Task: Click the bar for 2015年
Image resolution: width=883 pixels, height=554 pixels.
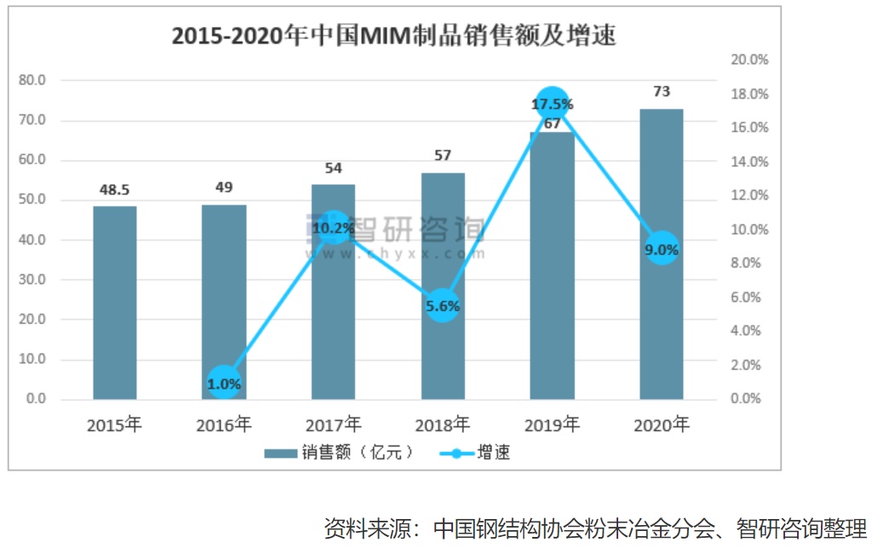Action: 115,303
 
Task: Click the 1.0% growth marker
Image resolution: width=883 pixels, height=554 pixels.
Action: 225,384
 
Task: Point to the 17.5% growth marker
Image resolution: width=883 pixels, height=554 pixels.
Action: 552,104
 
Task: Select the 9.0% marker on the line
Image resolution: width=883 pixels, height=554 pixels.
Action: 662,250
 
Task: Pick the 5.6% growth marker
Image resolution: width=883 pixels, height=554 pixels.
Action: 443,305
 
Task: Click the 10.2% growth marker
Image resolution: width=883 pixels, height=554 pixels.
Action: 334,228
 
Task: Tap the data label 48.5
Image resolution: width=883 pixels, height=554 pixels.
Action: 115,189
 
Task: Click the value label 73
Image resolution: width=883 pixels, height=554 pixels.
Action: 662,92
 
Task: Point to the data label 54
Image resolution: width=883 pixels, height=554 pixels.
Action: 334,167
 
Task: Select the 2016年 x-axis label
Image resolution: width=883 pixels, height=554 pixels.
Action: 224,424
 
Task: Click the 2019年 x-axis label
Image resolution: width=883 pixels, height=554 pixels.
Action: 552,424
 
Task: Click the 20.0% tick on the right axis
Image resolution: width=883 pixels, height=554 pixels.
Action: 750,60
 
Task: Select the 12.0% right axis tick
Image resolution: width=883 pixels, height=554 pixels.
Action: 750,195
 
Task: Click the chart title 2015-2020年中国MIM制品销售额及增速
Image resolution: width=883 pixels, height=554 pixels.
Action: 393,37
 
